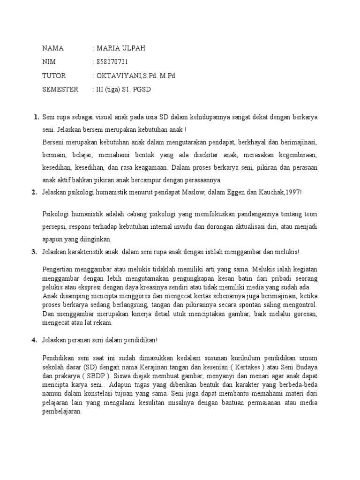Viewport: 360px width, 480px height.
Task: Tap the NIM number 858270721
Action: point(112,62)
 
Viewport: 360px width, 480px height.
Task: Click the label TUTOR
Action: point(54,75)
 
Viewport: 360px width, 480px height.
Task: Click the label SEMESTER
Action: point(60,89)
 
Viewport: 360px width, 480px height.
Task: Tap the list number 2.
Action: point(34,192)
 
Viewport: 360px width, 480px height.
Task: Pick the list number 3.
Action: point(34,252)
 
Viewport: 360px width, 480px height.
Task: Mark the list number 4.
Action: point(34,340)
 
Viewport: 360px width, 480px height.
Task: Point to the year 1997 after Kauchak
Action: point(293,192)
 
